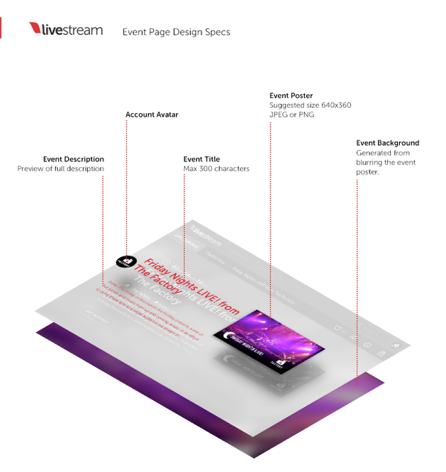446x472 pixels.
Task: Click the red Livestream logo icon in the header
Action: point(36,29)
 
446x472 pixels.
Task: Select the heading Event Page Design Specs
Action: point(176,32)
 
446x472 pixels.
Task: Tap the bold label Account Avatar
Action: point(152,114)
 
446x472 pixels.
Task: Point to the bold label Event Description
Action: point(74,159)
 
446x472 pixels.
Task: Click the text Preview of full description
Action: point(61,169)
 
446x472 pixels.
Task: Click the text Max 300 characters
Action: point(216,169)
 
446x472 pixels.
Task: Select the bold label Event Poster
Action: point(291,96)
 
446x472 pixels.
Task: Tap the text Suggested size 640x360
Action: point(310,106)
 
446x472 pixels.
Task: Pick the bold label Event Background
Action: point(387,143)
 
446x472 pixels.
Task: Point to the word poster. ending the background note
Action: point(368,172)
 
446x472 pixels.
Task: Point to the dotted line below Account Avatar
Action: point(126,186)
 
